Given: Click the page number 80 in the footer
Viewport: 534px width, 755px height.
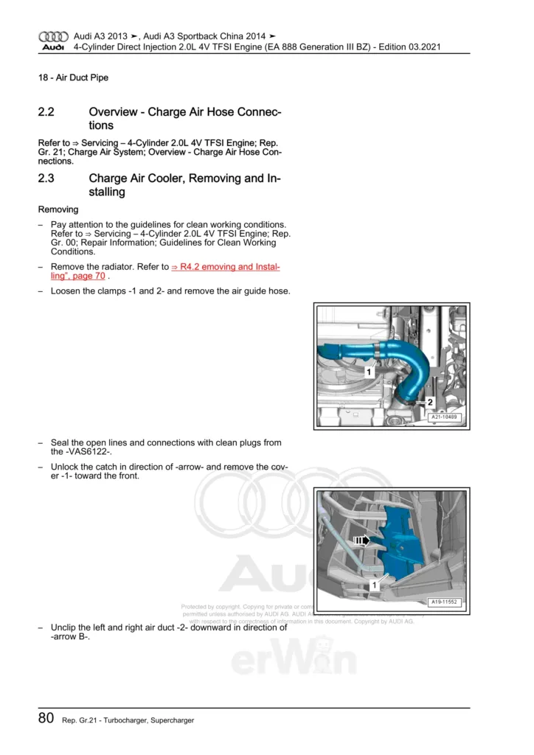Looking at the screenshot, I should pos(46,718).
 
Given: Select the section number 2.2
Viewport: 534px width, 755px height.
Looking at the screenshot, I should pos(46,112).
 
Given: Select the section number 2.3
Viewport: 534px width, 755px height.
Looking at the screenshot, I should pos(46,178).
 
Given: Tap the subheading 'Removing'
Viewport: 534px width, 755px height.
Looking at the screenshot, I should pos(58,209).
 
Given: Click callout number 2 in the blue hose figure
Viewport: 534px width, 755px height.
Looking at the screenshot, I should pos(429,403).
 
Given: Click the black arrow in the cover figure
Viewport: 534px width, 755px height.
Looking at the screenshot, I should pos(362,540).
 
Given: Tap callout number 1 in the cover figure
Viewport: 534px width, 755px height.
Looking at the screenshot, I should pos(375,585).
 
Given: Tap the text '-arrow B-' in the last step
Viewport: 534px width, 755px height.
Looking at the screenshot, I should pos(65,637).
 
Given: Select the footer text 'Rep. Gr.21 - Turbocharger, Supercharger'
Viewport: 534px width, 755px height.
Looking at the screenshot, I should pos(128,720).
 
